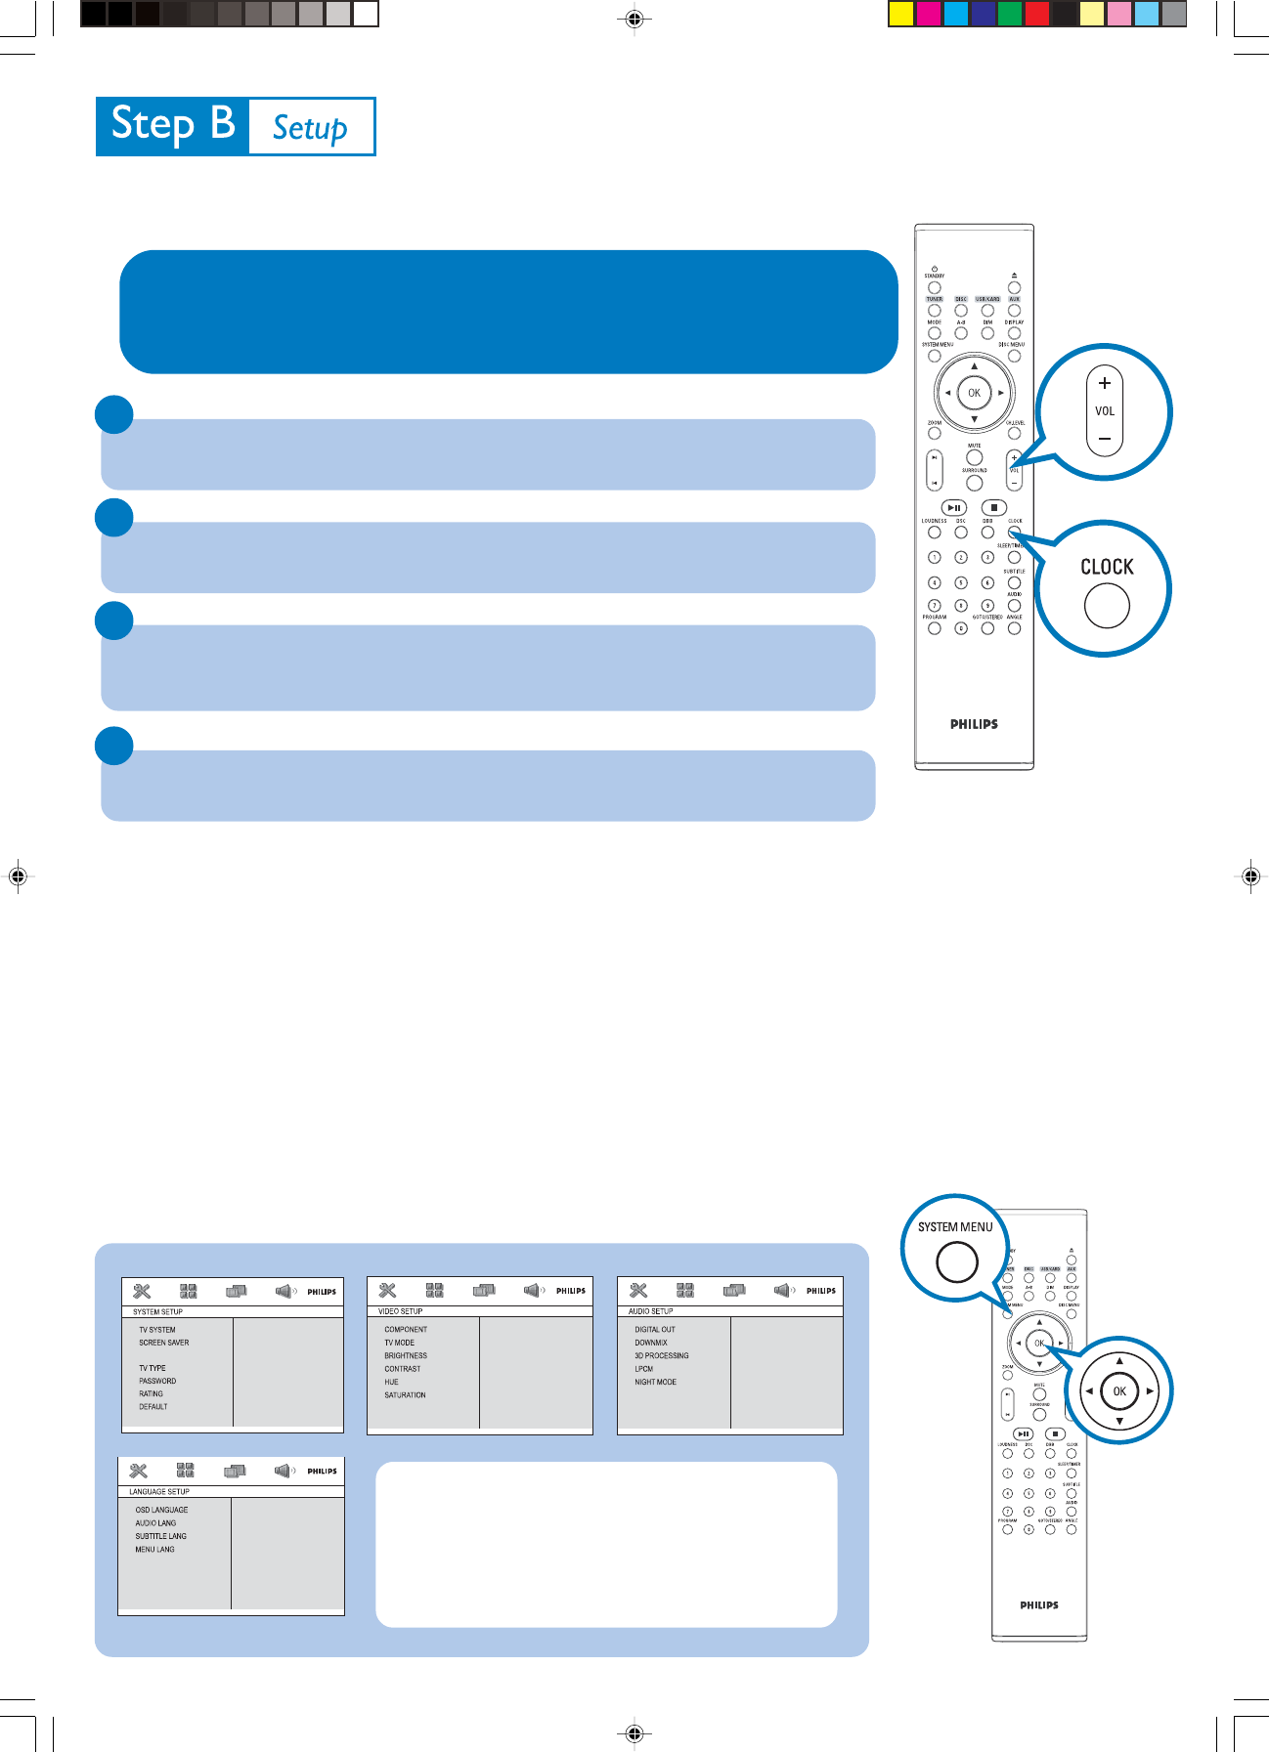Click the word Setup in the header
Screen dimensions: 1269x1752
[310, 128]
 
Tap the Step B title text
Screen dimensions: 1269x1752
[173, 125]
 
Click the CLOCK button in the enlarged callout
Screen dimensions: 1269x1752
[1107, 605]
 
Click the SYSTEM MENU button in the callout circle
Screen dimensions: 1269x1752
[957, 1261]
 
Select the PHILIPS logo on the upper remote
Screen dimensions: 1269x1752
[974, 724]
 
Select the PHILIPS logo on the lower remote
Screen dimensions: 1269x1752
[1039, 1604]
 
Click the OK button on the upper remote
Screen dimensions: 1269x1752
[974, 393]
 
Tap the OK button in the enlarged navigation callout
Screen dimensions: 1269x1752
[1119, 1391]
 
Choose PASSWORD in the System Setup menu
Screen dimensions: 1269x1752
[157, 1381]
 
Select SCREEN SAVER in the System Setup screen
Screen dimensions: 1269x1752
[164, 1343]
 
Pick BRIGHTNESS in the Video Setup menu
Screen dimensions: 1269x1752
[406, 1355]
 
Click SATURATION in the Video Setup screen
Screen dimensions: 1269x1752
[405, 1394]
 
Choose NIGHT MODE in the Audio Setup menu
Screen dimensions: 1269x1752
[655, 1382]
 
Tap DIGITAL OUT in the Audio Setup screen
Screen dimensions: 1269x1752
[655, 1329]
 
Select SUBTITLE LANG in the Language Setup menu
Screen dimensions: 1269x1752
[160, 1536]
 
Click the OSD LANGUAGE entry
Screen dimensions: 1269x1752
[161, 1510]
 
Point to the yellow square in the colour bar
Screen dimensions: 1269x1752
[901, 14]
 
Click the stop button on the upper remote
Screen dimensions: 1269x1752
[993, 507]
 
